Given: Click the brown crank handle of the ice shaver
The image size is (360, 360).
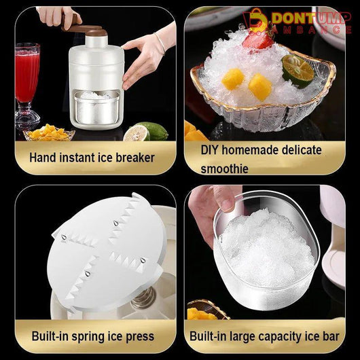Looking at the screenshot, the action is pos(84,29).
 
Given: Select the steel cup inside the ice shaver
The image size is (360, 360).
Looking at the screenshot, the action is pos(96,107).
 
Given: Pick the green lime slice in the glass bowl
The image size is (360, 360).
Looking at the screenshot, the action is pos(298,71).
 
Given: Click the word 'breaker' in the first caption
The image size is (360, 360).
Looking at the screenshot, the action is pos(135,158).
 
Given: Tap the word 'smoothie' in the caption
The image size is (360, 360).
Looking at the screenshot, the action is pos(224,169).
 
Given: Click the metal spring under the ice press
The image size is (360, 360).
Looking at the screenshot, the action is pos(144,298).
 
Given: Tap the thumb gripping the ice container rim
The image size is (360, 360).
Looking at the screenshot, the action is pos(225,198).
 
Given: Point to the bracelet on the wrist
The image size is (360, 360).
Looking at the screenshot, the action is pos(160,43).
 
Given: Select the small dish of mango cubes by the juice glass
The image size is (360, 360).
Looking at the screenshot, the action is pos(49,133).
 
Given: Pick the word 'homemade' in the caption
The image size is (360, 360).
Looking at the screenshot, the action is pos(250,150).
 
